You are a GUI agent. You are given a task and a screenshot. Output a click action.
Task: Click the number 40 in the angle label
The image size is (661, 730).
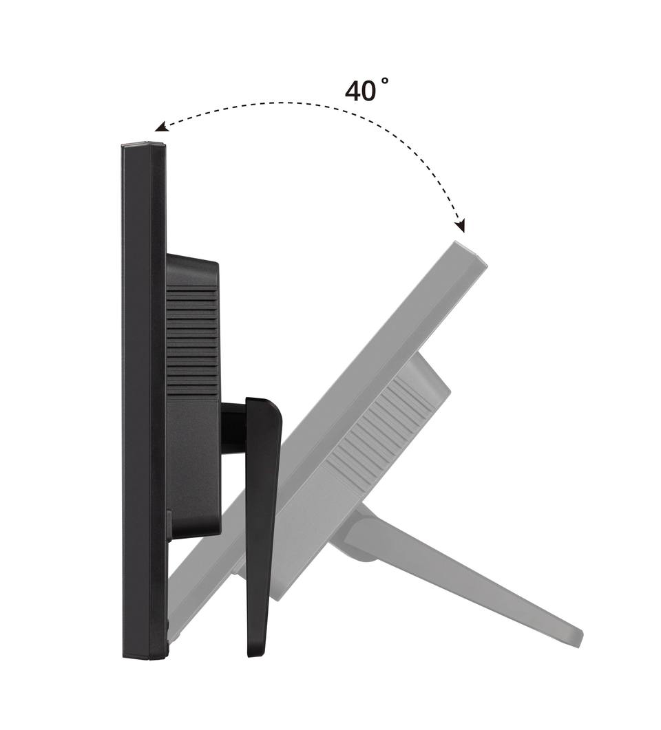coord(359,91)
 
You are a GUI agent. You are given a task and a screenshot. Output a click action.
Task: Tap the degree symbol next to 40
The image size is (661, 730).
coord(385,81)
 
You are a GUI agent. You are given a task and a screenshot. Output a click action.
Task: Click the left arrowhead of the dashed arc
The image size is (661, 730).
coord(160,127)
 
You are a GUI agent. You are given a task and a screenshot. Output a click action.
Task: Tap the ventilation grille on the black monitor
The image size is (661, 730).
coord(192,341)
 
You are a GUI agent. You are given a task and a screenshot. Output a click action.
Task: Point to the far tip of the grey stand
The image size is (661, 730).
coord(577,636)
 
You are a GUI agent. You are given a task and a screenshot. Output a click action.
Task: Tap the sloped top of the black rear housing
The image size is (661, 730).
coord(192,266)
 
